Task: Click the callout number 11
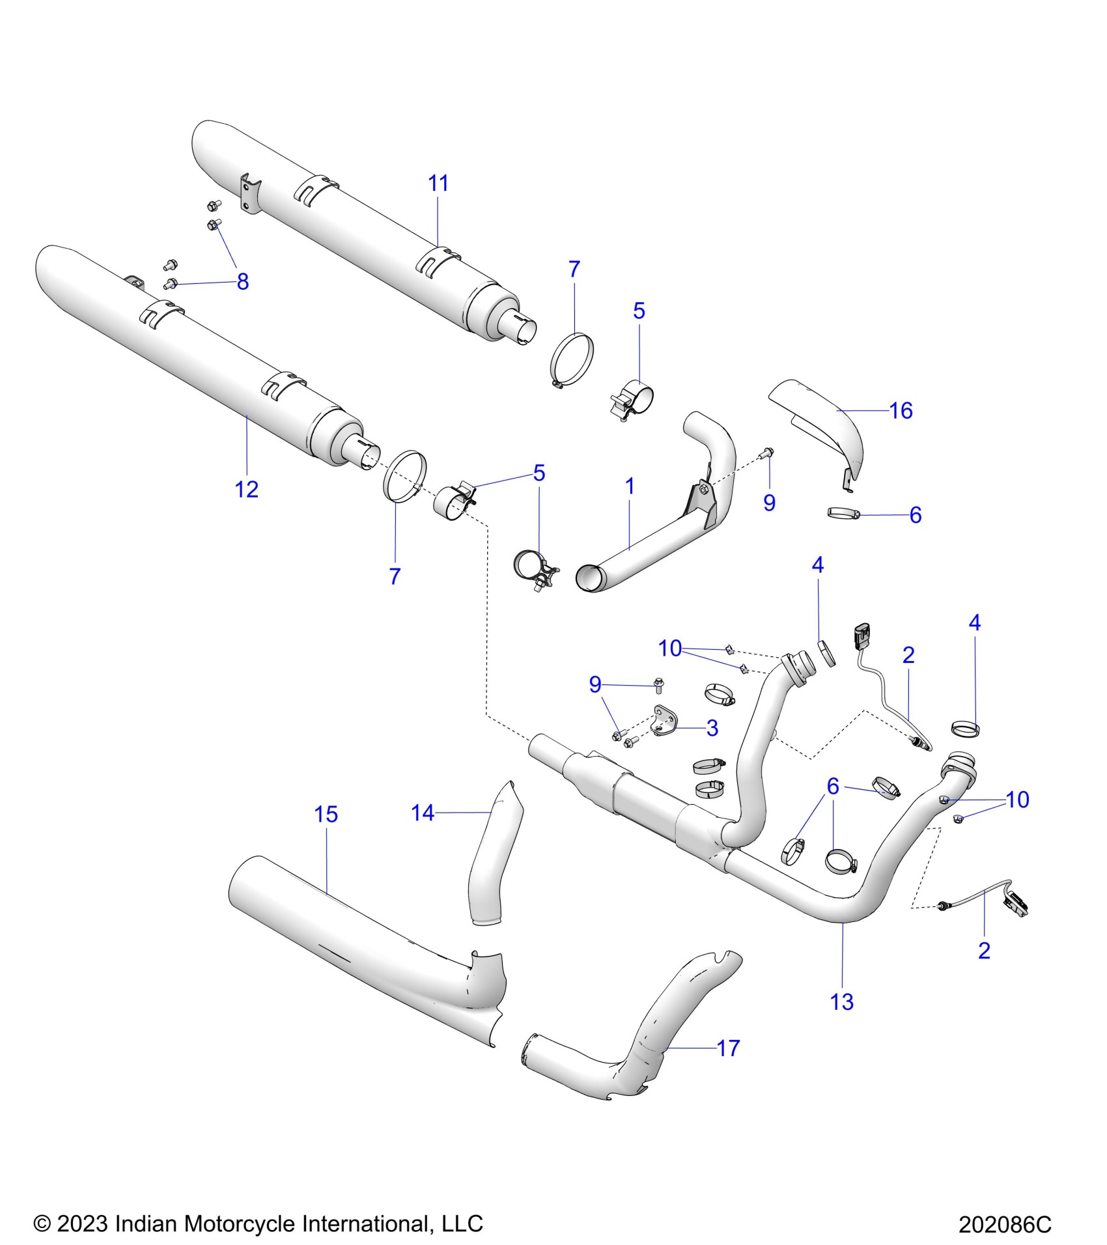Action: point(438,184)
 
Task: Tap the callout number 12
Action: point(247,489)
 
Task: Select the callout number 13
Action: point(841,1001)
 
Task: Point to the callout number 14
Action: point(423,813)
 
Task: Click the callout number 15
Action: point(326,814)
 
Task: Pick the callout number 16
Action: point(901,411)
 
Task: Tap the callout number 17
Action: point(728,1048)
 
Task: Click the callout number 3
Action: point(712,728)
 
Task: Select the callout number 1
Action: point(630,486)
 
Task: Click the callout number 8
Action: point(243,282)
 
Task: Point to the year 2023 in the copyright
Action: point(82,1224)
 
